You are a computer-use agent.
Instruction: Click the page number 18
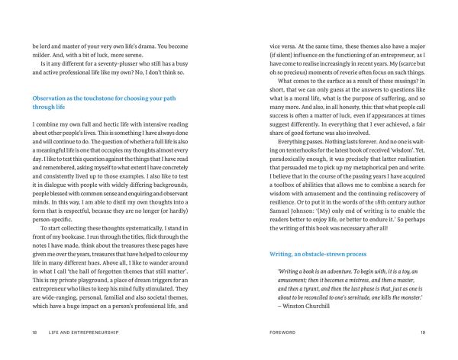35,333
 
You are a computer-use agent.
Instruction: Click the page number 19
422,333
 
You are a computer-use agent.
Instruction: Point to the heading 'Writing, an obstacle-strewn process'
321,252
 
